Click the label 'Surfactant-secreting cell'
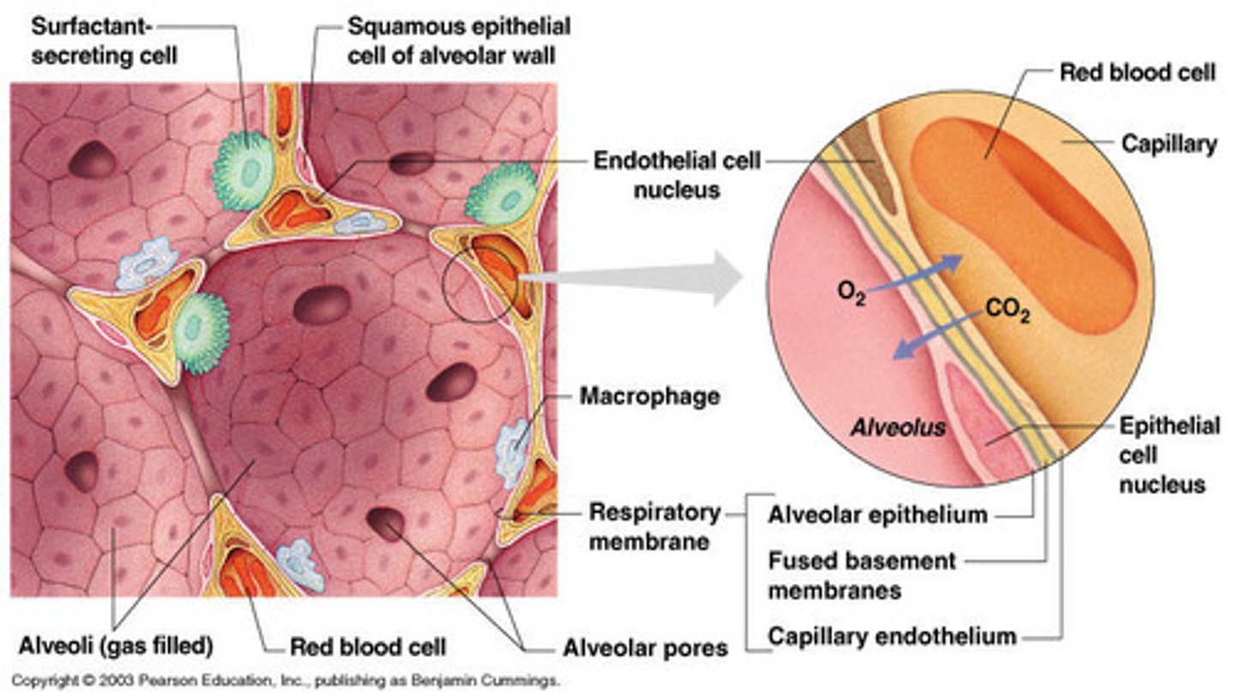click(104, 41)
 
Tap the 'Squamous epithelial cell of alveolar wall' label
click(458, 41)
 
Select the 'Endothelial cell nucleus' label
click(676, 175)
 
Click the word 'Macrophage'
click(649, 397)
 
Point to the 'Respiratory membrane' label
click(654, 527)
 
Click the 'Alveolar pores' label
click(644, 647)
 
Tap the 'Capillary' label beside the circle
click(1169, 144)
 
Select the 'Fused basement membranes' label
click(860, 576)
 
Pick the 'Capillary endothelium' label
click(891, 636)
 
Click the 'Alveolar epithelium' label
click(878, 515)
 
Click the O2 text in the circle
click(851, 295)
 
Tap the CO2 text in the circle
click(1008, 310)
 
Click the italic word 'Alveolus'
click(897, 427)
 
